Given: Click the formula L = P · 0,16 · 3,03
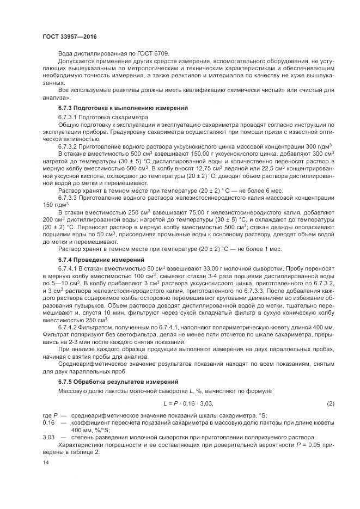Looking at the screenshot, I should tap(188, 403).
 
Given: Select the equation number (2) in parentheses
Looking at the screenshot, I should tap(330, 403).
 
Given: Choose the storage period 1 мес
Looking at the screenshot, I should tap(271, 248).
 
